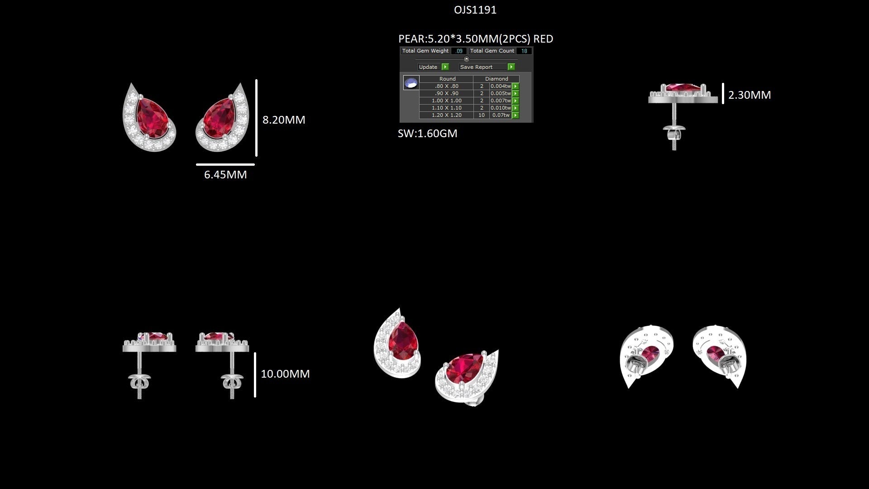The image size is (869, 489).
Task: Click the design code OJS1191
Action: tap(475, 10)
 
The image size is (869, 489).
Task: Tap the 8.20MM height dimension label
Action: tap(284, 120)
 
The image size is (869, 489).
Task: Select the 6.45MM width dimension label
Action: tap(225, 175)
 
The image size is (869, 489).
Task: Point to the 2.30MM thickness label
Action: tap(750, 95)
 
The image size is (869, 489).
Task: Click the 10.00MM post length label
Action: tap(285, 374)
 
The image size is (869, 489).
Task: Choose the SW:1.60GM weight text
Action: tap(428, 134)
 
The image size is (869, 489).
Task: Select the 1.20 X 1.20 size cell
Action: tap(447, 115)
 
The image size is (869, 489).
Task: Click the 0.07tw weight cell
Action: tap(501, 115)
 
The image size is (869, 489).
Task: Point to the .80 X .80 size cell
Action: tap(447, 86)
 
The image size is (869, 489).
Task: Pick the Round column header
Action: tap(448, 79)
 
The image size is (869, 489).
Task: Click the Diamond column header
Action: tap(497, 79)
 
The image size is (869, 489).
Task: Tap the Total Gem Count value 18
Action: tap(524, 51)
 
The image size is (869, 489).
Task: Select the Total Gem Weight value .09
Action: tap(459, 51)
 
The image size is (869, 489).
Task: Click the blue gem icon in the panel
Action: tap(411, 83)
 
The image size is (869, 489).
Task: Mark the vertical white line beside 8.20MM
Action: tap(256, 118)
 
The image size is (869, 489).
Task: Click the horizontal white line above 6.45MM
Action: tap(225, 164)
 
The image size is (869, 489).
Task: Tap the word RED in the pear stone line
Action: tap(543, 39)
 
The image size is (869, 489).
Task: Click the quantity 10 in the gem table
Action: tap(482, 115)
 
